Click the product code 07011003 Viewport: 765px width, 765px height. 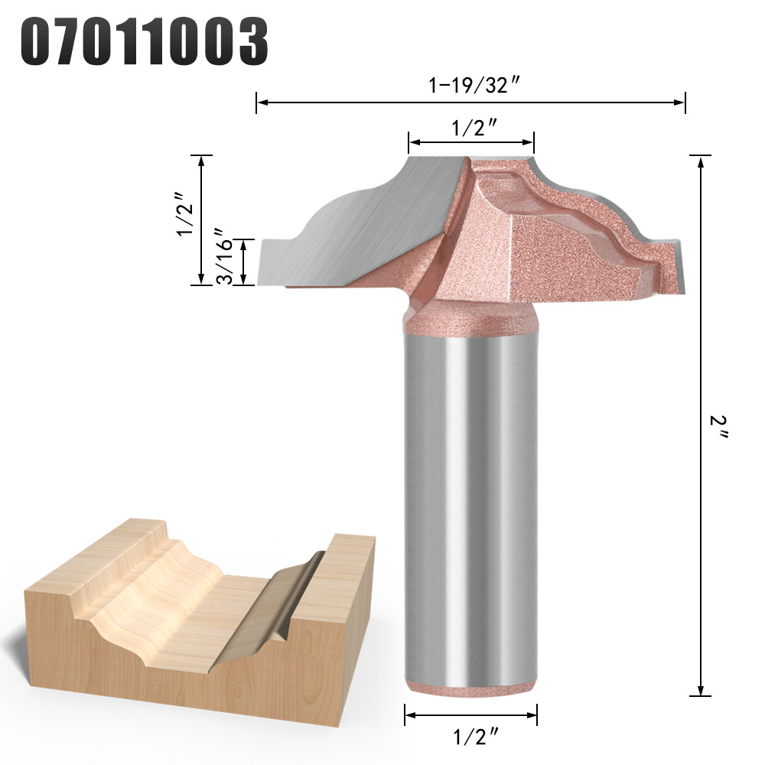[144, 41]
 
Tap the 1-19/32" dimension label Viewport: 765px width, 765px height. [473, 86]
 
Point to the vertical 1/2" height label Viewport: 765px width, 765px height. [186, 213]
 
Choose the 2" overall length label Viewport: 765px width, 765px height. [718, 427]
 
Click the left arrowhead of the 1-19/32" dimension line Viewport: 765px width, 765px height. [262, 103]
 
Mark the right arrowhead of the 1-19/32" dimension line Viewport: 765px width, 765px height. [679, 103]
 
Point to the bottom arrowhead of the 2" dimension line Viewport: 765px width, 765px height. [701, 689]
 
